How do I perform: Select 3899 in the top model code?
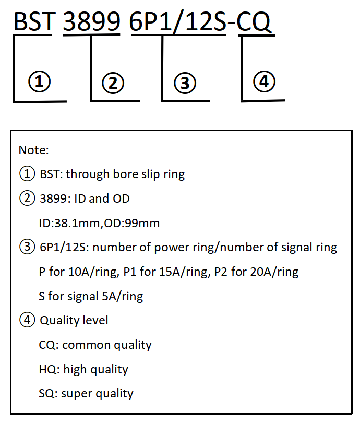tap(91, 21)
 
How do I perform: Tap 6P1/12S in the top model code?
tap(178, 22)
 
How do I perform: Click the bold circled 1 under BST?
tap(39, 81)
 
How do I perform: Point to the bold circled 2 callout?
tap(113, 83)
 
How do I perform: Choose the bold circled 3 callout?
tap(185, 83)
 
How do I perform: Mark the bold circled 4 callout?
tap(265, 81)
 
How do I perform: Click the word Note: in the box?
tap(33, 150)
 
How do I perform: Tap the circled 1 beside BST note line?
tap(27, 173)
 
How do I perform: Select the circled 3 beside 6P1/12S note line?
tap(27, 247)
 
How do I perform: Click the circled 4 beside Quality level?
tap(27, 320)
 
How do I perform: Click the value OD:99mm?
tap(132, 223)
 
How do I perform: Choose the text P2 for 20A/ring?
tap(256, 272)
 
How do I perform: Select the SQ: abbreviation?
tap(48, 393)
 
